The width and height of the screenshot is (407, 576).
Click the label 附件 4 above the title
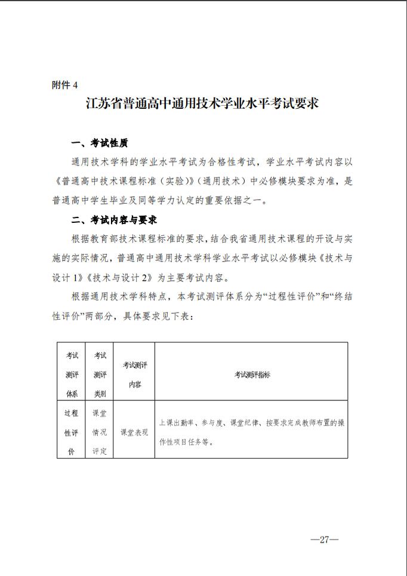[66, 85]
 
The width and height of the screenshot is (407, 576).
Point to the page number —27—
[325, 540]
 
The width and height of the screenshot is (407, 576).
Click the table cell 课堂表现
[134, 431]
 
